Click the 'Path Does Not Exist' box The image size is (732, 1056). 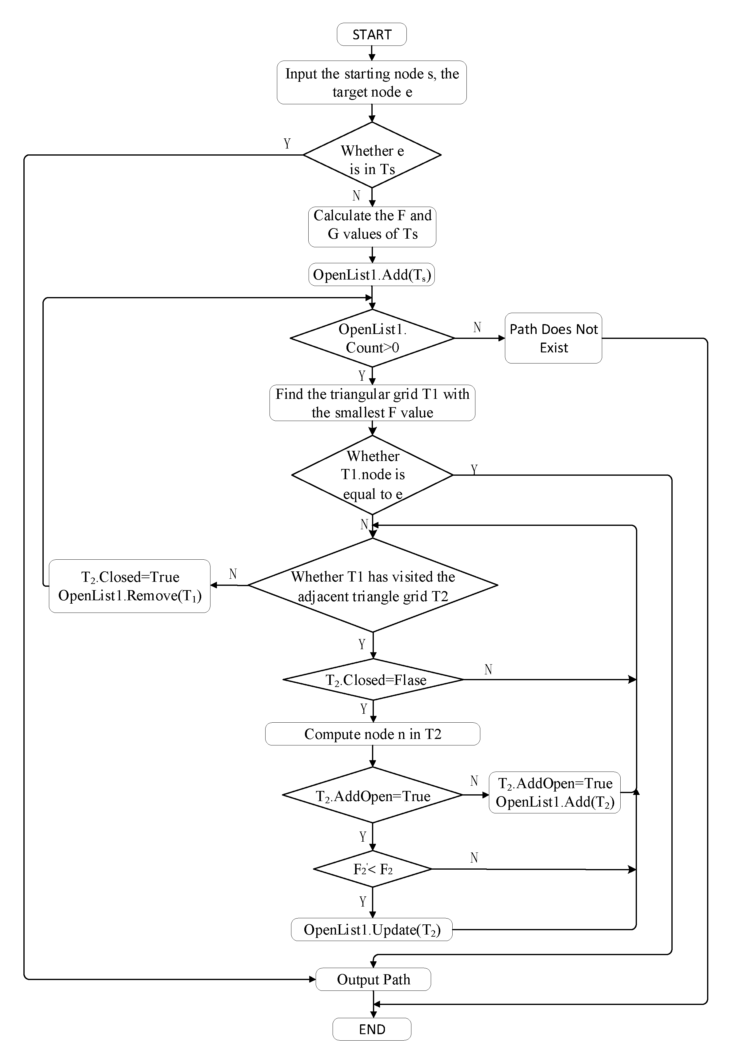click(553, 338)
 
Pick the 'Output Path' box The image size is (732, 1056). click(373, 979)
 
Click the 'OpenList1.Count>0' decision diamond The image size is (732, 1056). click(372, 338)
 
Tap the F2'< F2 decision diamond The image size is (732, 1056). click(372, 869)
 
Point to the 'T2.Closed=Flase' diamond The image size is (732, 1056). click(373, 679)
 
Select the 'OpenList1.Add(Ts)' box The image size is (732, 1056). click(371, 275)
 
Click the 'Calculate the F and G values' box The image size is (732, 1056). click(372, 227)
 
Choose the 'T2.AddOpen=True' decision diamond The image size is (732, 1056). click(372, 795)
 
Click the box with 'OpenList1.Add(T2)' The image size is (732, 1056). click(554, 792)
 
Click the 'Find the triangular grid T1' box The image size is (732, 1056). click(372, 403)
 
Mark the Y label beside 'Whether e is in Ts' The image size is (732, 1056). click(287, 144)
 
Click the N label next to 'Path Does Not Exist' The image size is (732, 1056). click(477, 327)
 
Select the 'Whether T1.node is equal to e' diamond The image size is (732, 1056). click(372, 475)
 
